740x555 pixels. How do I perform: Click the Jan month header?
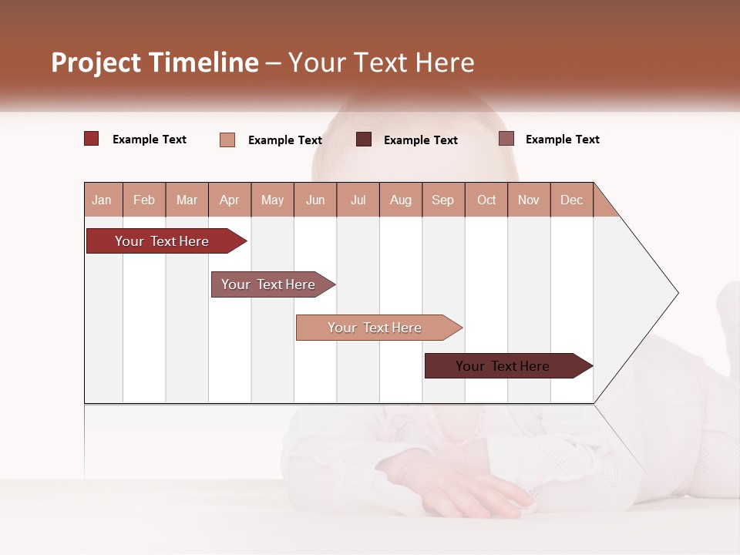coord(103,200)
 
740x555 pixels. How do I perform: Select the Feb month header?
coord(144,200)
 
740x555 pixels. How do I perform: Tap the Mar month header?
coord(187,200)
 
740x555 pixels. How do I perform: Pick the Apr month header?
coord(230,200)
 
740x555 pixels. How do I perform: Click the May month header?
coord(272,200)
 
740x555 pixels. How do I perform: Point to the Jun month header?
coord(315,200)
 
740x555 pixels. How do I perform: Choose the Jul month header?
coord(358,200)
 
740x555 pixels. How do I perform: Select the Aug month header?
coord(401,200)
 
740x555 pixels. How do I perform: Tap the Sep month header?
coord(443,200)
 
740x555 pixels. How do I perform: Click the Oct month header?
coord(486,200)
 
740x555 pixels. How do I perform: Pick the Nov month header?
coord(529,200)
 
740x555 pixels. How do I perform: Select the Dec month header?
coord(572,200)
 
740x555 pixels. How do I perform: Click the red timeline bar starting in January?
coord(162,241)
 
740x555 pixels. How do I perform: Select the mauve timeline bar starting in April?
coord(268,284)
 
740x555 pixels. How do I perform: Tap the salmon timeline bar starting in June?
coord(375,328)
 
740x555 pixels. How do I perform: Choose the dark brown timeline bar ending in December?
coord(503,366)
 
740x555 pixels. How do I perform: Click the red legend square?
coord(92,139)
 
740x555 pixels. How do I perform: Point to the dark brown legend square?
coord(364,139)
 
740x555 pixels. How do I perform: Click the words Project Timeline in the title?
coord(155,62)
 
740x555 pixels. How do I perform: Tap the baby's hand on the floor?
coord(470,493)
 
